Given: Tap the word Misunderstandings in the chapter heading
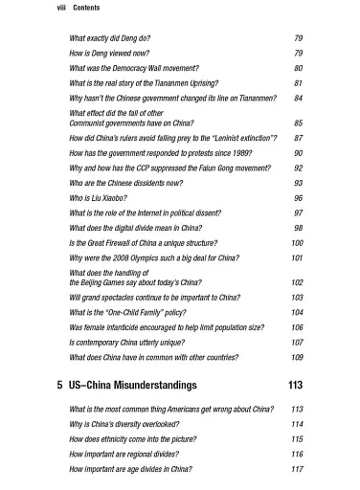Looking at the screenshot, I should [153, 385].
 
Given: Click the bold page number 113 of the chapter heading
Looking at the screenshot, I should [295, 385].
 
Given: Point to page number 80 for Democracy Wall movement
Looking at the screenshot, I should [298, 69].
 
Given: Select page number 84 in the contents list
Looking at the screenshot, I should [298, 99].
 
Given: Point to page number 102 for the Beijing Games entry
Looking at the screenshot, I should [297, 283].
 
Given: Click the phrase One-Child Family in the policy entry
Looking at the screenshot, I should [144, 312].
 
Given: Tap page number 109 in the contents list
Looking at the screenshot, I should [297, 358].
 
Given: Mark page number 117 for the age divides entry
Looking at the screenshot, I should [297, 470].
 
